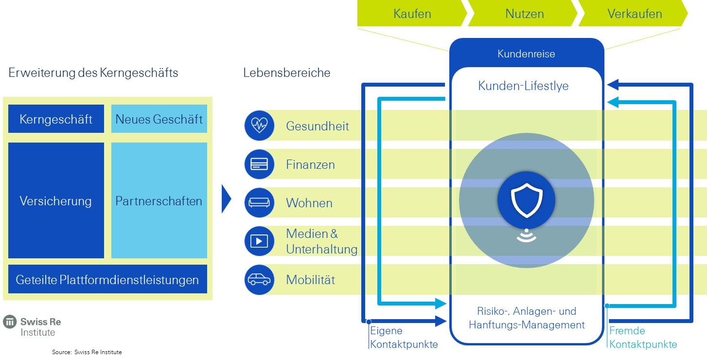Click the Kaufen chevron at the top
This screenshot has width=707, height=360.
412,13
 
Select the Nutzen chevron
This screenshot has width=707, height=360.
524,13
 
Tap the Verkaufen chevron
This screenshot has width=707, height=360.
634,13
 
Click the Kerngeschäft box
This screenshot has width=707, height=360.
56,119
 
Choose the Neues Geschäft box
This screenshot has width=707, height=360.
159,119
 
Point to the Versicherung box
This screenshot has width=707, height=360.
56,200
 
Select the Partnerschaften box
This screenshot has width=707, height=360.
159,200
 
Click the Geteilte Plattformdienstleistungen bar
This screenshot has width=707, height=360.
107,279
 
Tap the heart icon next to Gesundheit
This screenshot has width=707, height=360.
260,126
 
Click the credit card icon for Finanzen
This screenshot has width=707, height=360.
260,164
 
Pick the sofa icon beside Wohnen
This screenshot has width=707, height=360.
260,203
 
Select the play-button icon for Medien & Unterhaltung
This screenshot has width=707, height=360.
260,241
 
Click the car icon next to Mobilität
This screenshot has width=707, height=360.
260,280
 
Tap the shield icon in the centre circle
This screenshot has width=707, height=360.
527,200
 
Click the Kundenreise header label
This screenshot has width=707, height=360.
526,54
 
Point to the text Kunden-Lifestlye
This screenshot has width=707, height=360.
523,86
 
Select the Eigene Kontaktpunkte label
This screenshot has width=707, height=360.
404,337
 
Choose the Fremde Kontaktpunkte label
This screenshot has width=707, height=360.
643,337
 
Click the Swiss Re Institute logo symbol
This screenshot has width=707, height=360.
10,322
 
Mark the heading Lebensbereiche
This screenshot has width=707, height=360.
286,72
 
